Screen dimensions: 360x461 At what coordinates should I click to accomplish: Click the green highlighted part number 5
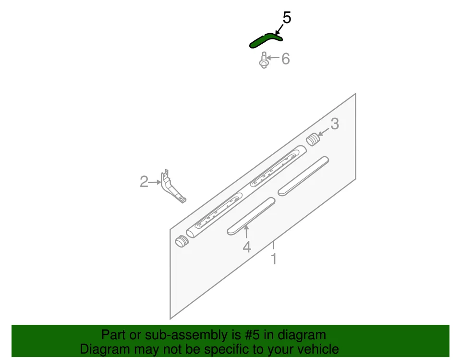pos(265,40)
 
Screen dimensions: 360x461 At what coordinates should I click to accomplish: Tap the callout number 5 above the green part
pos(287,18)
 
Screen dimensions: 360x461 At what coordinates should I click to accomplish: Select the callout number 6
pos(285,59)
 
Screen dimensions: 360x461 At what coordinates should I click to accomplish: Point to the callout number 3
pos(334,124)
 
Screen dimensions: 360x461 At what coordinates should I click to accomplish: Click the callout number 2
pos(144,182)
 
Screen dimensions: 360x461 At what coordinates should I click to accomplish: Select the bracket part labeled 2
pos(172,187)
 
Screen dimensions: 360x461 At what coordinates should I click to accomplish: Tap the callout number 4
pos(246,248)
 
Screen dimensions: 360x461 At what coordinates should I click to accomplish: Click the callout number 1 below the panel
pos(274,260)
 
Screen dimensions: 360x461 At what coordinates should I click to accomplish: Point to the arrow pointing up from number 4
pos(246,232)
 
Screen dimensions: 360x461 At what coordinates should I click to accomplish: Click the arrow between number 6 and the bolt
pos(273,59)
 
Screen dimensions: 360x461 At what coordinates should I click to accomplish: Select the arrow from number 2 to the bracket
pos(155,182)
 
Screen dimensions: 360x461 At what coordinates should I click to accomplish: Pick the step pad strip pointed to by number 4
pos(251,216)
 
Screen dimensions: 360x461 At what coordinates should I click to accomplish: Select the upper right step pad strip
pos(303,175)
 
